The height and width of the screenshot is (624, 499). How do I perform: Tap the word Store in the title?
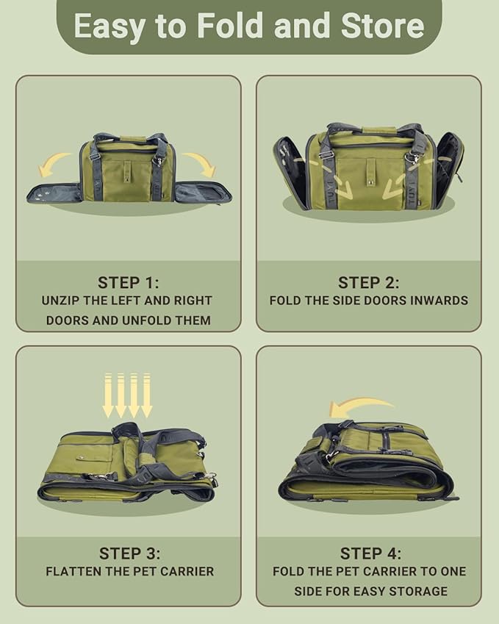click(382, 26)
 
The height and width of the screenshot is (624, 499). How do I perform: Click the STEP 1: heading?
click(128, 282)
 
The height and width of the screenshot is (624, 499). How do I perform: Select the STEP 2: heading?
click(368, 282)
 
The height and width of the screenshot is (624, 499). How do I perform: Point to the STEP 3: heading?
click(129, 553)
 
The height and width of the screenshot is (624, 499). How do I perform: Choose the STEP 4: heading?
click(370, 553)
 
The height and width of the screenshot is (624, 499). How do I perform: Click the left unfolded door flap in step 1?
click(54, 193)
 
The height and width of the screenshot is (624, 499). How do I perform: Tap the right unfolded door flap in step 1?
click(203, 193)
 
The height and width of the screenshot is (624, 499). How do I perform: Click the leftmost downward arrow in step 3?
click(108, 395)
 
